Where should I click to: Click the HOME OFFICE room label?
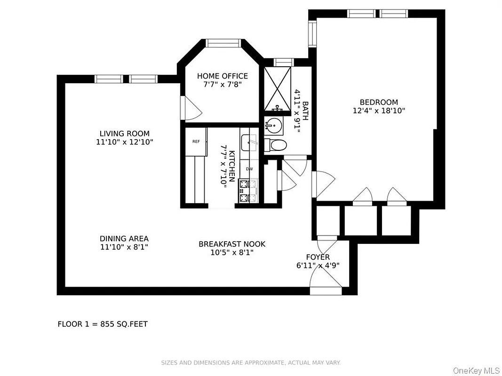pos(222,76)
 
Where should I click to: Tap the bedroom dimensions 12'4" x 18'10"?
pos(379,111)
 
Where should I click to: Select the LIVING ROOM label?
pos(124,133)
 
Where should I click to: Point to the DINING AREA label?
pos(124,239)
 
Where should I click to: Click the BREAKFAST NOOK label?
pos(231,244)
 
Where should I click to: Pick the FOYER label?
pos(318,257)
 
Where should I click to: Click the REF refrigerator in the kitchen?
pos(196,141)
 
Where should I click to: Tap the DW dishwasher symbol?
pos(249,169)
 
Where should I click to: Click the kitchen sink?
pos(249,141)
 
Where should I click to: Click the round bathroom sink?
pos(274,125)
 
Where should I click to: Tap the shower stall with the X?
pos(278,88)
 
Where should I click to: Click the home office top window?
pos(223,43)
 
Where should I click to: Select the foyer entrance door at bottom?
pos(326,285)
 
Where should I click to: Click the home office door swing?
pos(191,109)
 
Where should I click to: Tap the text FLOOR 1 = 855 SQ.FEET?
pos(103,324)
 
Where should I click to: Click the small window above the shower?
pos(284,62)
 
